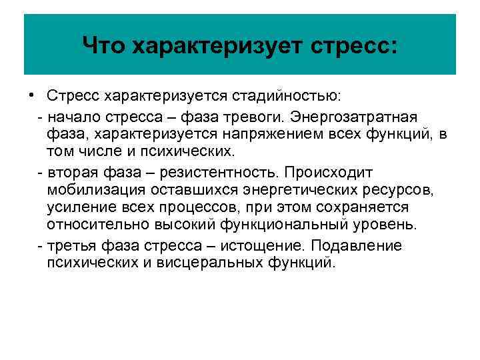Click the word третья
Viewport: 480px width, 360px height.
click(72, 245)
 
